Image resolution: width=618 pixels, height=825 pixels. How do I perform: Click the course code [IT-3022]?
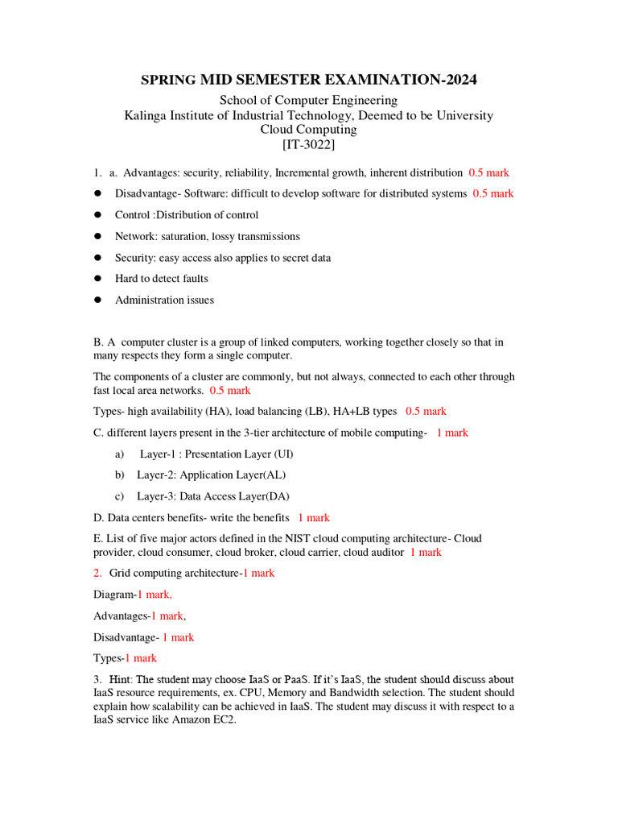[x=308, y=145]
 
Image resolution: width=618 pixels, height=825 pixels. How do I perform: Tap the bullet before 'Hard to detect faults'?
[x=97, y=279]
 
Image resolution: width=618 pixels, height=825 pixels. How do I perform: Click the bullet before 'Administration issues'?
[x=97, y=300]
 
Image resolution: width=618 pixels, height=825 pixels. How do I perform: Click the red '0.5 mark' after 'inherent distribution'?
[x=488, y=172]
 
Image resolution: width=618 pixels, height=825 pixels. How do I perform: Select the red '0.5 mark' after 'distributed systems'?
[x=493, y=193]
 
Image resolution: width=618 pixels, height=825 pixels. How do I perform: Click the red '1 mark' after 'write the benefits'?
[x=314, y=517]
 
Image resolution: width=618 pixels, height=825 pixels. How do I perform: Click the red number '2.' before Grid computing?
[x=97, y=573]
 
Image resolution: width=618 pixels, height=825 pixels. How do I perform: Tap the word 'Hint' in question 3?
[x=121, y=679]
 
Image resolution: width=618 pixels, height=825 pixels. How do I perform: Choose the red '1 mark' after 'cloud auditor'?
[x=426, y=552]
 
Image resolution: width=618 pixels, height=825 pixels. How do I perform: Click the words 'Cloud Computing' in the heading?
[x=308, y=130]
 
